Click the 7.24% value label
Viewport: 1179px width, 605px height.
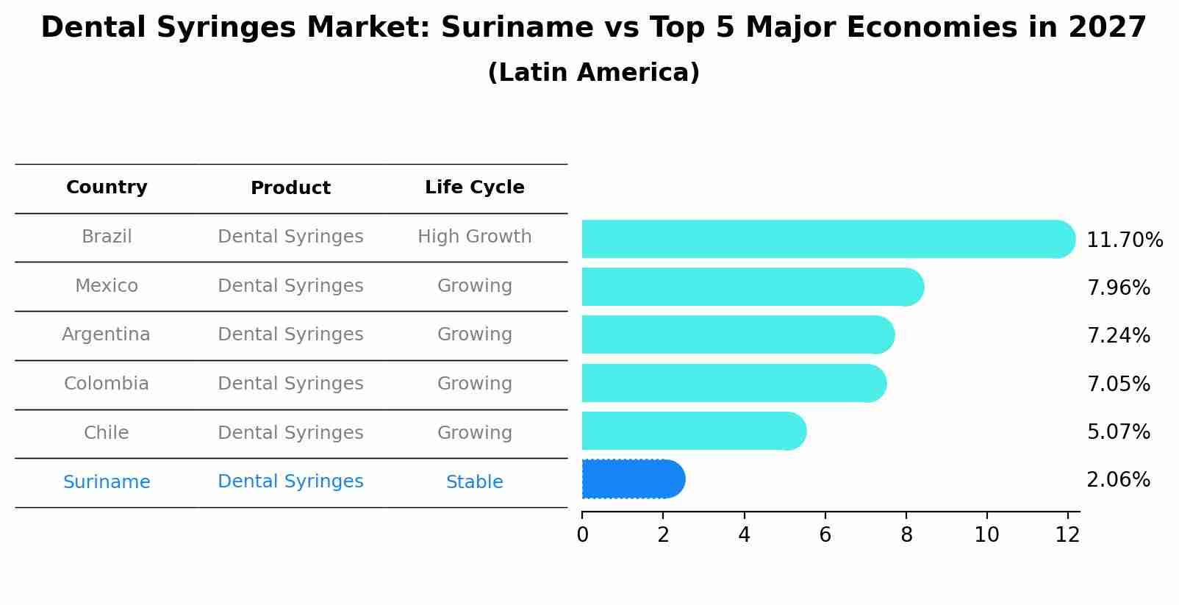(x=1118, y=336)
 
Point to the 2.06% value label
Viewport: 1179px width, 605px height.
(x=1118, y=480)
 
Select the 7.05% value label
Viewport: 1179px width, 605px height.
(x=1118, y=384)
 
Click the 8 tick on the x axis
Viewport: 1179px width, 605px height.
(x=906, y=535)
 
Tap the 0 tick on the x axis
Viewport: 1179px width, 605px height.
(x=583, y=535)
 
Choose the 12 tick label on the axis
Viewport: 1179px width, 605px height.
(x=1067, y=535)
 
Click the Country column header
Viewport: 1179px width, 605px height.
(x=107, y=187)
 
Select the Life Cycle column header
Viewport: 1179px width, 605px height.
(x=474, y=187)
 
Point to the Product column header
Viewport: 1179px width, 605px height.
(x=290, y=188)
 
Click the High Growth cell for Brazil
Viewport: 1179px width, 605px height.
(x=474, y=237)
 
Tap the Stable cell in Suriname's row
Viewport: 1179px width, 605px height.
(x=474, y=482)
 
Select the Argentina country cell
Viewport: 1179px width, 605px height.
(x=106, y=334)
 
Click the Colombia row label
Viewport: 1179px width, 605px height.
(x=106, y=384)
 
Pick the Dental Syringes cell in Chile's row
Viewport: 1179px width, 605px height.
(x=290, y=433)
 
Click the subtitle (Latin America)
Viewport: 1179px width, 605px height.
(x=593, y=73)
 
